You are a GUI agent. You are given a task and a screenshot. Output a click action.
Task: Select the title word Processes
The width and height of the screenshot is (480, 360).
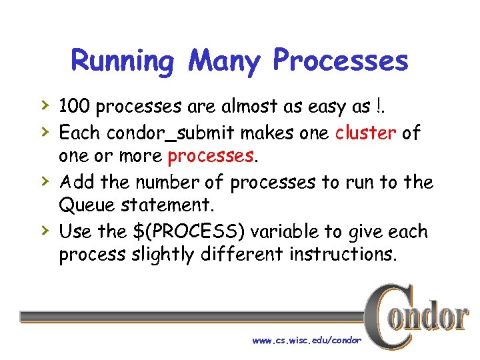click(340, 62)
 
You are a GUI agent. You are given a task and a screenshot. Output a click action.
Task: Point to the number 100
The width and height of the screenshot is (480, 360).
click(73, 106)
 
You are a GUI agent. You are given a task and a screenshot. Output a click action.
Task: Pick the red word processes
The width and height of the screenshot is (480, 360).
click(211, 157)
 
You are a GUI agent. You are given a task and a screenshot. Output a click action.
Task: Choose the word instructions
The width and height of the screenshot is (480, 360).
click(342, 255)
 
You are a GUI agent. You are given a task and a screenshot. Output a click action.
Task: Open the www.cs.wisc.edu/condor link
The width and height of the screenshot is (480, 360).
click(307, 340)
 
